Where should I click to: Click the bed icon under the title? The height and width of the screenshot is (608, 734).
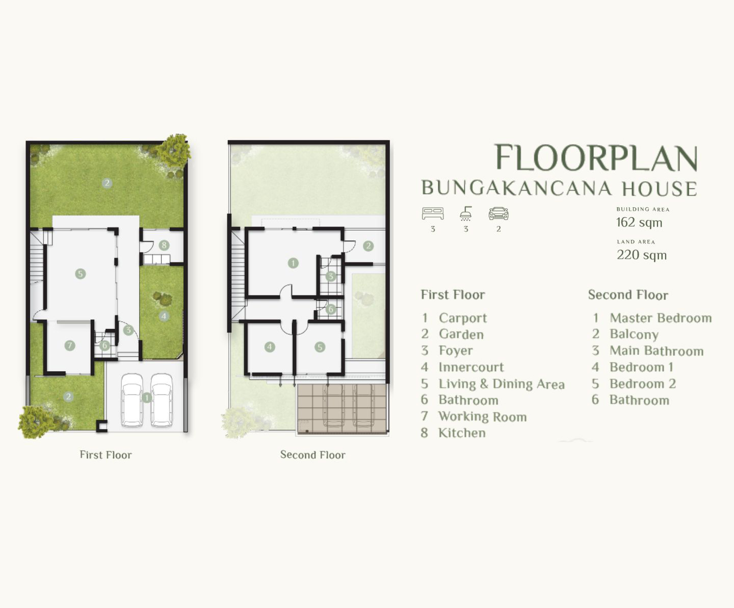(433, 213)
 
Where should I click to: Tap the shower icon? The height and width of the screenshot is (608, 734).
(466, 213)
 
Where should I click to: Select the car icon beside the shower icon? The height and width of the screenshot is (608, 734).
(499, 213)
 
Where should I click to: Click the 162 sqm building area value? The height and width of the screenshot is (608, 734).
(639, 223)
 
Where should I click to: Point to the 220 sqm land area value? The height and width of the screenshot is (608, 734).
(642, 255)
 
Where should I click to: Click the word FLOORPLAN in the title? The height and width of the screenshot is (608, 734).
(596, 157)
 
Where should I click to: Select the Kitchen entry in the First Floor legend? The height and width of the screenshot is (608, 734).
(454, 433)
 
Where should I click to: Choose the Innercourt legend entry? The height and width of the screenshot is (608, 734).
(462, 367)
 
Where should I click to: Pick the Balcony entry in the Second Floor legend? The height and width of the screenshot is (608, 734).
(625, 334)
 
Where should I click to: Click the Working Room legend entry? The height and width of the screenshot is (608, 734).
(474, 417)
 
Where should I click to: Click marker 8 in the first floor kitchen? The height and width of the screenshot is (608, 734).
(164, 245)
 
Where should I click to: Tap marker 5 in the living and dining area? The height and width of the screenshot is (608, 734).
(81, 273)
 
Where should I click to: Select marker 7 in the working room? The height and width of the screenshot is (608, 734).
(70, 346)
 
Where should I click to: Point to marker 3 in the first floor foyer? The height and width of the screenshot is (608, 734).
(128, 330)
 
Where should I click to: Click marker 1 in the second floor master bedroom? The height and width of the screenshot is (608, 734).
(293, 263)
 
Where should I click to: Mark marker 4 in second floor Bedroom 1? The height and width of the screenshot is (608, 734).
(270, 347)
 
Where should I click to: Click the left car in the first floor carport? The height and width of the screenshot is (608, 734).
(132, 400)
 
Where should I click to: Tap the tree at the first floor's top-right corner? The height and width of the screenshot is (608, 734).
(173, 149)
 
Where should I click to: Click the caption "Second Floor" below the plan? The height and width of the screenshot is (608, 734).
(313, 455)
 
